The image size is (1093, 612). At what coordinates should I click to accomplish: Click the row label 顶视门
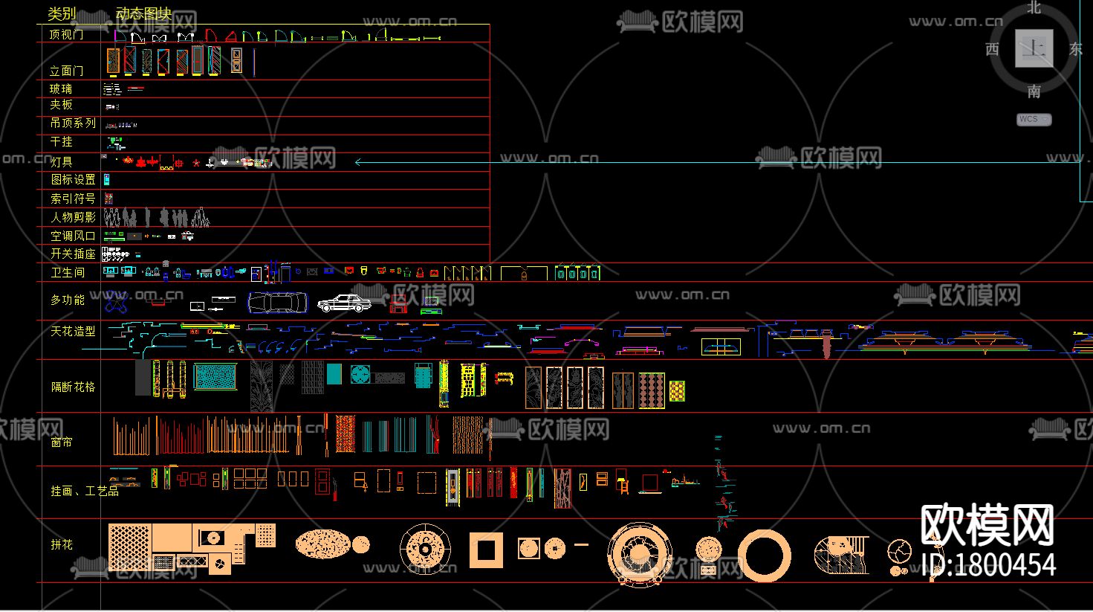tap(66, 34)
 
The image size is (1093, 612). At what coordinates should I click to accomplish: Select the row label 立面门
tap(66, 71)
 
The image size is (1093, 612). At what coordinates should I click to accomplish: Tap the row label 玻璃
tap(61, 88)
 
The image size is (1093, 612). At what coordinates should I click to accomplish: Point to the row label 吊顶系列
tap(73, 123)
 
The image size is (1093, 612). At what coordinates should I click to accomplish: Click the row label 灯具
tap(62, 161)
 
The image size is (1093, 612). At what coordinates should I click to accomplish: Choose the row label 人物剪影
tap(73, 217)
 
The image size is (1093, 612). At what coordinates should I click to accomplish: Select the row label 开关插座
tap(73, 254)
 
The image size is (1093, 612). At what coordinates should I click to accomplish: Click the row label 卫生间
tap(68, 272)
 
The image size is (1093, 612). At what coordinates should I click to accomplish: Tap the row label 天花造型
tap(73, 331)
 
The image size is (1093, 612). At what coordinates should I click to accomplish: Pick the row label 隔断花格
tap(73, 387)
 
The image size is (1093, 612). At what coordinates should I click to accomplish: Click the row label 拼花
tap(62, 544)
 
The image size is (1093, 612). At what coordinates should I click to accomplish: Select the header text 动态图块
tap(143, 13)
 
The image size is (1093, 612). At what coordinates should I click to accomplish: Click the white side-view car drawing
tap(344, 303)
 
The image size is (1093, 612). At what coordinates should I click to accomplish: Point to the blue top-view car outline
tap(277, 303)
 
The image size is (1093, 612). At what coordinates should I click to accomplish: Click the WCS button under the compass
tap(1034, 119)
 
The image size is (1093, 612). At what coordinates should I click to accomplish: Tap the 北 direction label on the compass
tap(1034, 8)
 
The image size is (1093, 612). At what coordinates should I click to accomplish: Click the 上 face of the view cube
tap(1034, 49)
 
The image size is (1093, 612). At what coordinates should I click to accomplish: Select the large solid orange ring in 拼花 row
tap(765, 555)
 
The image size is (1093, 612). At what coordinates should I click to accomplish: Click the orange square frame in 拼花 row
tap(486, 550)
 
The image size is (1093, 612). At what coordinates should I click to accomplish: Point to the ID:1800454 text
tap(988, 565)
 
